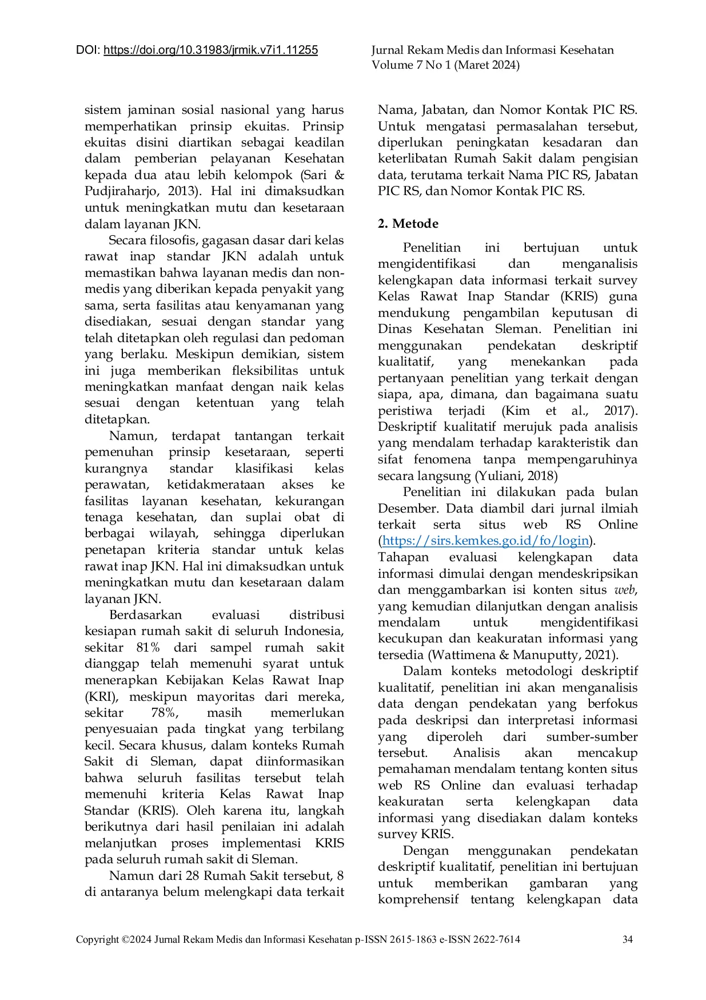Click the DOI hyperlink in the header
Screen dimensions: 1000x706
210,50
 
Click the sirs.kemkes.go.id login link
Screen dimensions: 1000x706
485,541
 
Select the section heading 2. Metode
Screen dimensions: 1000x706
408,224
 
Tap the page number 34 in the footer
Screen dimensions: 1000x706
627,939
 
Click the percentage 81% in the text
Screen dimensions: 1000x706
148,648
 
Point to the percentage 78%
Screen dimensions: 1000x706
165,713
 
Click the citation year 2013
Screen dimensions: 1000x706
183,191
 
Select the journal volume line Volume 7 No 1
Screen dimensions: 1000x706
445,65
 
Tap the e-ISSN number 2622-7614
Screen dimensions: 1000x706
496,939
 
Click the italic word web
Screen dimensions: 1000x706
624,590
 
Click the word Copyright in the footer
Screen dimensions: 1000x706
97,939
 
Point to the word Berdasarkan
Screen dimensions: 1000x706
145,615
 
